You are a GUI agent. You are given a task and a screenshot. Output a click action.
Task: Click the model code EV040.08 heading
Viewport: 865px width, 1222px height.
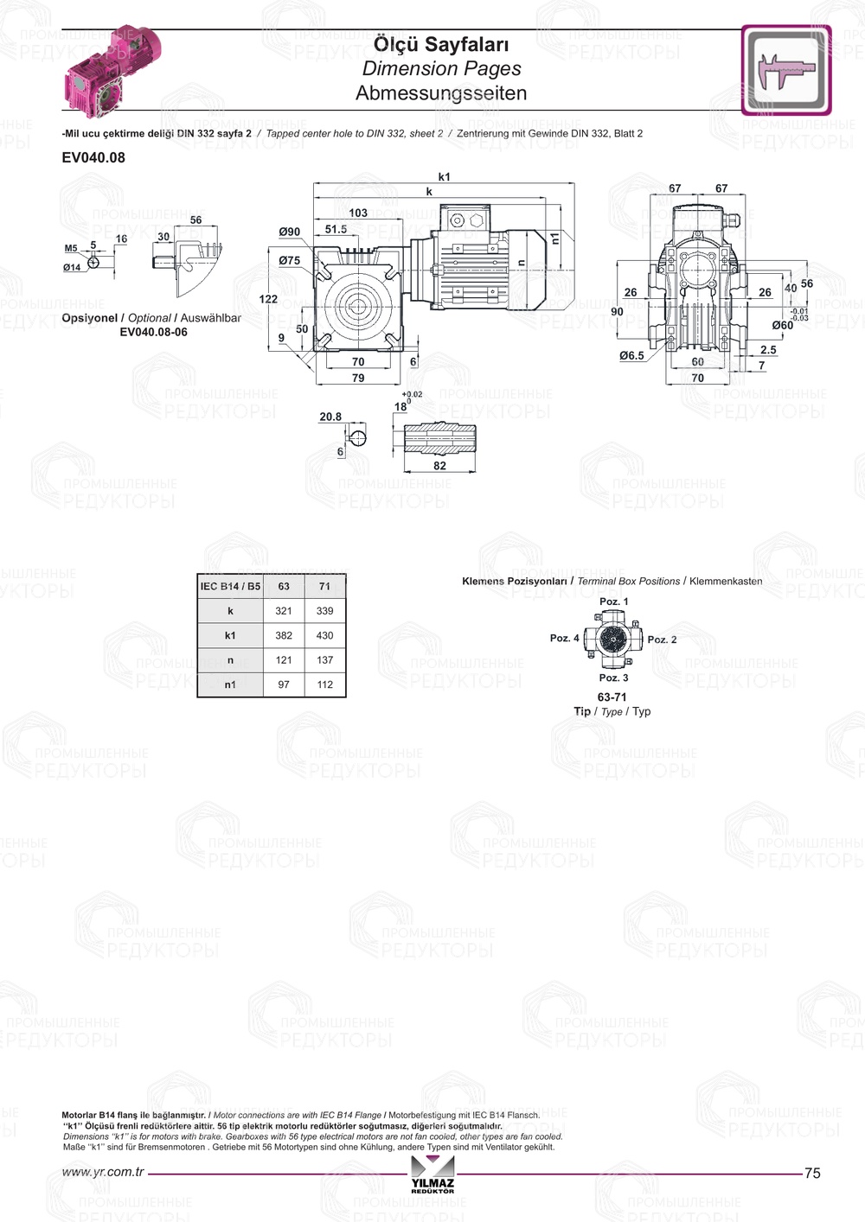93,157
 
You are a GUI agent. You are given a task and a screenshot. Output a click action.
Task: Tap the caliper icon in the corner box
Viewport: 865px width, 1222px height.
786,69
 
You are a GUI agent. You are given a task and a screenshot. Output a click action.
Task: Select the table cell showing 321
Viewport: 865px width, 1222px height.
284,611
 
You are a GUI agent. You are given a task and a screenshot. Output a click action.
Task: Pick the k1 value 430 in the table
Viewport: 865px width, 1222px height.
325,635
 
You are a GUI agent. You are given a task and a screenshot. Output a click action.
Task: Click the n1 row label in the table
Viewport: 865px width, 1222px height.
230,684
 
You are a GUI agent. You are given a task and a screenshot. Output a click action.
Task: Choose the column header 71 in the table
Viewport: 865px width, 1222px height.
325,587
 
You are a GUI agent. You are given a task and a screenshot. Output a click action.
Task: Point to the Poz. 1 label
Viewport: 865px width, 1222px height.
614,601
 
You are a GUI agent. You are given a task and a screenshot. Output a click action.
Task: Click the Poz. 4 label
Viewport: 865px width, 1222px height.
564,638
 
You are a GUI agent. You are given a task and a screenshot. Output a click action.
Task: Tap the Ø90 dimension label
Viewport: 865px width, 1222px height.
290,232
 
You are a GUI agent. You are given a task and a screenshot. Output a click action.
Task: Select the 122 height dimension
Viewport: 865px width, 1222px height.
268,299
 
